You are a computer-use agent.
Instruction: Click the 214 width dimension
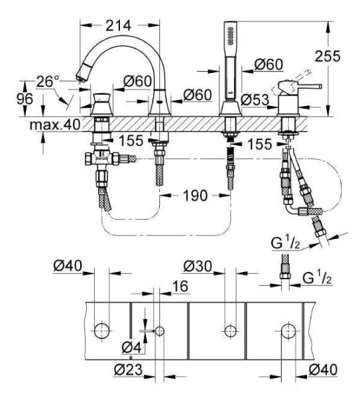click(x=119, y=24)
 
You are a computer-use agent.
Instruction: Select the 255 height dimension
click(x=342, y=58)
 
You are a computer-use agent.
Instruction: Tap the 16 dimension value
click(x=179, y=286)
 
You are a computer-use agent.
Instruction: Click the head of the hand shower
click(x=230, y=40)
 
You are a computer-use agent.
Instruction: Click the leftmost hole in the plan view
click(x=101, y=330)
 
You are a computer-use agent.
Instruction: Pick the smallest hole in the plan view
click(x=160, y=330)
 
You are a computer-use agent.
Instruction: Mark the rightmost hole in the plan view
click(x=288, y=330)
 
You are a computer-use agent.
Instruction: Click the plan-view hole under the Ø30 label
click(x=230, y=330)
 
